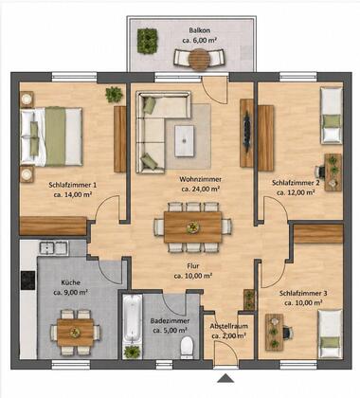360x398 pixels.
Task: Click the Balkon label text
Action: click(200, 30)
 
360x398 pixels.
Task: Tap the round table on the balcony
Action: click(200, 59)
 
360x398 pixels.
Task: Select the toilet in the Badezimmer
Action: click(187, 347)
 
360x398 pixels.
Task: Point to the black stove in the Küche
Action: click(27, 280)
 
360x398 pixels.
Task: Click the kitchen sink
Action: click(53, 247)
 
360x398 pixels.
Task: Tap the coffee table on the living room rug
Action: click(185, 141)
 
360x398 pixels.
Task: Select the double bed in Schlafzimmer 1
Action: click(51, 136)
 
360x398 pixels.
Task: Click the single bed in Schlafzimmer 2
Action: click(332, 116)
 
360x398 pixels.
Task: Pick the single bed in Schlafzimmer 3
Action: click(330, 334)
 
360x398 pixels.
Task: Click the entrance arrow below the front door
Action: click(225, 378)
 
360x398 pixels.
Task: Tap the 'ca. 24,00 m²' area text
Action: click(201, 189)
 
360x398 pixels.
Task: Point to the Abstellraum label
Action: click(229, 326)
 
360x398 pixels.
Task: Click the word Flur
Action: click(193, 266)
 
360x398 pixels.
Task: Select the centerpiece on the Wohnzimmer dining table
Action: click(192, 226)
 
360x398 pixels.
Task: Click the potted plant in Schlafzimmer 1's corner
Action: click(114, 94)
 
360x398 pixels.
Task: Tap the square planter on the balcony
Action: click(147, 41)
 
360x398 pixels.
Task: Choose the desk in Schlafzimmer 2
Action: click(333, 172)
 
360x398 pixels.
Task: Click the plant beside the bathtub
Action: click(132, 352)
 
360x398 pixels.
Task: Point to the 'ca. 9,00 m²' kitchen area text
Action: click(70, 293)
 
